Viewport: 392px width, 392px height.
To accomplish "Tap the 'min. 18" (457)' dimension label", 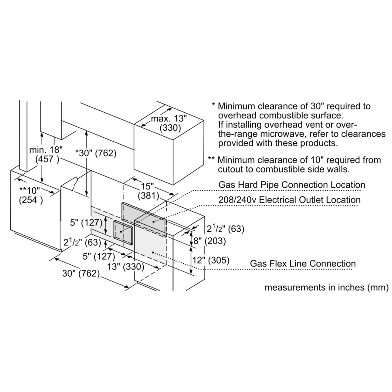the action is pos(46,154).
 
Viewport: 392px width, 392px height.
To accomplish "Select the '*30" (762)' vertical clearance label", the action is pos(96,153).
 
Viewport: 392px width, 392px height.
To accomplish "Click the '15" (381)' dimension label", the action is pos(148,191).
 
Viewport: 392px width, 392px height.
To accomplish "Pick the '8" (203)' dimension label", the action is pos(210,240).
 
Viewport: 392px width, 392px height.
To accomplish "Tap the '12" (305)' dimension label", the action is pos(211,260).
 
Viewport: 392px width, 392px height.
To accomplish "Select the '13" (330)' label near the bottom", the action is pos(125,267).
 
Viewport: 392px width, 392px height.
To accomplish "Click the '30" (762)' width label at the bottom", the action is pos(81,273).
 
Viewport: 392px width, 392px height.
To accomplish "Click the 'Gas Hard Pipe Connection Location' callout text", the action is pos(292,185).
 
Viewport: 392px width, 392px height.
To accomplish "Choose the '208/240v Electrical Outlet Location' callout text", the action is pos(290,200).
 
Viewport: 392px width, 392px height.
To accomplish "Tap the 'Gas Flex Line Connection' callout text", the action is pos(303,263).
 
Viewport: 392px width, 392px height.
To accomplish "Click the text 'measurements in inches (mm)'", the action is pos(327,287).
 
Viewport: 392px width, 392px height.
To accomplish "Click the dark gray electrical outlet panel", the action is pos(144,219).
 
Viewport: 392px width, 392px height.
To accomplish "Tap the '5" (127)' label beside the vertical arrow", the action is pos(86,222).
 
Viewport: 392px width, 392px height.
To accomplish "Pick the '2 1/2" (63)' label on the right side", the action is pos(226,229).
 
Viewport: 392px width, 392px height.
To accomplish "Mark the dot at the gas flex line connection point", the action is pos(153,253).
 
